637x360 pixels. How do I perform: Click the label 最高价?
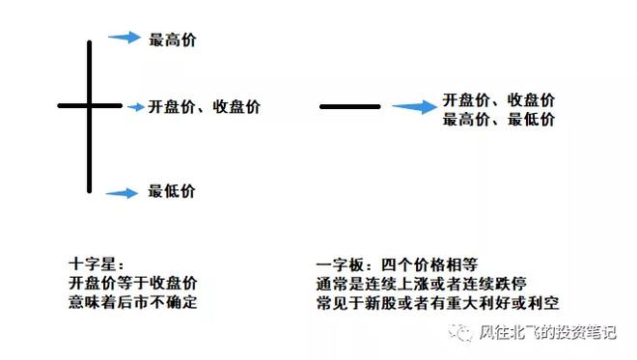pos(173,40)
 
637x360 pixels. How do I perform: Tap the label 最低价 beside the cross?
pos(172,191)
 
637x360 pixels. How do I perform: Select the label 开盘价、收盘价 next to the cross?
pos(204,106)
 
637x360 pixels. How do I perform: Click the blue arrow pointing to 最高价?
pos(125,38)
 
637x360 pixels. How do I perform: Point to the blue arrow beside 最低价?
pos(123,193)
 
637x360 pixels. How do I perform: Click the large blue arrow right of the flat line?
pos(414,107)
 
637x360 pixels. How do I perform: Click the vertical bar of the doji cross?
pos(90,145)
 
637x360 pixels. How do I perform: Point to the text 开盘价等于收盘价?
pos(133,282)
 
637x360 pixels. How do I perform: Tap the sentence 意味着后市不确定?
pos(134,301)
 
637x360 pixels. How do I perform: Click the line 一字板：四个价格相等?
pos(397,263)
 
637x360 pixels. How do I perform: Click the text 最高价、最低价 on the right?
pos(498,120)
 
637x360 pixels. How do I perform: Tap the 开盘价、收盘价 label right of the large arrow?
pos(498,100)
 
